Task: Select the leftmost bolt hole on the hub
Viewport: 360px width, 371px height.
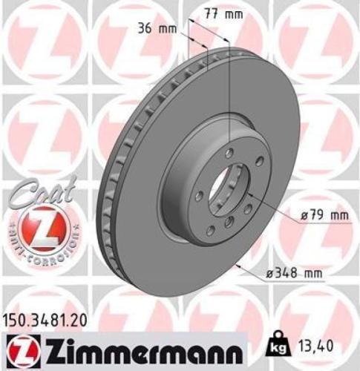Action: click(x=199, y=196)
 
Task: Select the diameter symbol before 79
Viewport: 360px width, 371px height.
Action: click(x=304, y=217)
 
